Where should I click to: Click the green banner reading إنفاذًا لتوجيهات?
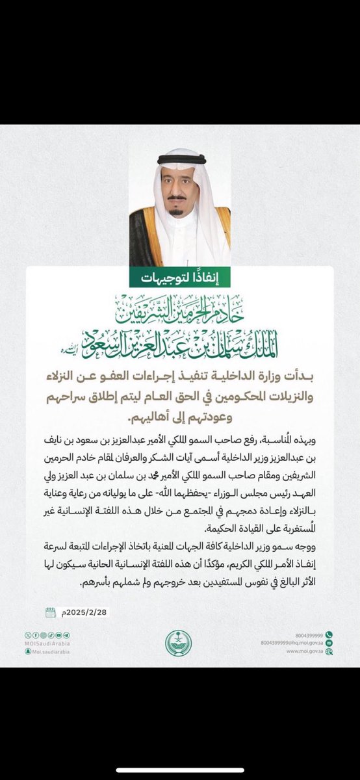(x=180, y=277)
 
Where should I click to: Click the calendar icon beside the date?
(x=51, y=612)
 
